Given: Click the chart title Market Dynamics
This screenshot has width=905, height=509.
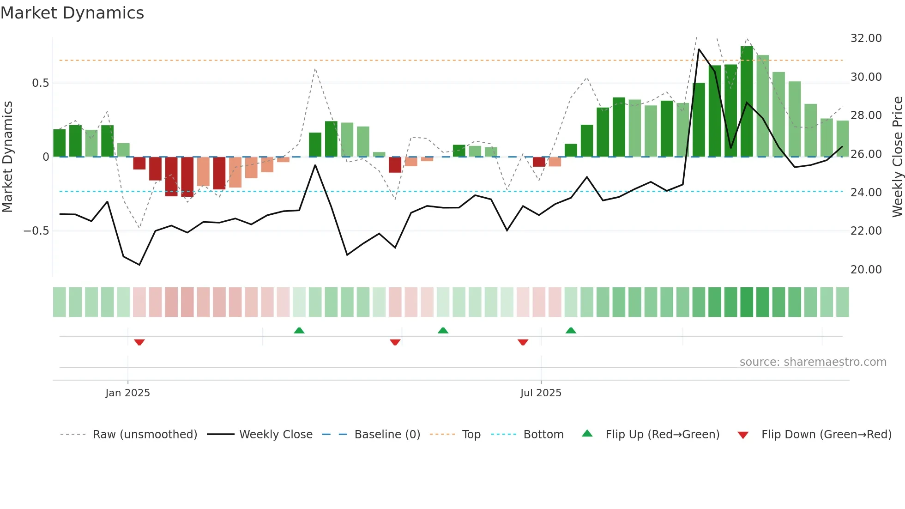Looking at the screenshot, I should point(72,13).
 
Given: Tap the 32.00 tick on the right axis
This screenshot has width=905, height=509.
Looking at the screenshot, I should point(866,38).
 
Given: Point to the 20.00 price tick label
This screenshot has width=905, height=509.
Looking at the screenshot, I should point(866,269).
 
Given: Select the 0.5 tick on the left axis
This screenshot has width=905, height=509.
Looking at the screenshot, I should point(40,83).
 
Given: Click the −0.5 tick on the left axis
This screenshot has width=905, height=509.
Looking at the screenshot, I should point(36,231).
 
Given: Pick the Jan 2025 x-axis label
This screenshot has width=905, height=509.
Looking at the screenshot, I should point(127,393).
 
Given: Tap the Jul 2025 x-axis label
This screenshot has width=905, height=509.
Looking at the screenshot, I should point(541,393).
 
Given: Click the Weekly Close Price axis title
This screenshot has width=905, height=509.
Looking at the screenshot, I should point(897,157).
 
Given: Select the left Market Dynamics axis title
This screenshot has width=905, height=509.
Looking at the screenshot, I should point(7,157).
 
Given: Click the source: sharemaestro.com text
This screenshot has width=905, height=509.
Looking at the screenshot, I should point(813,362).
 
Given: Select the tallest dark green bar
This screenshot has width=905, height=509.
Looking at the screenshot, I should point(747,102).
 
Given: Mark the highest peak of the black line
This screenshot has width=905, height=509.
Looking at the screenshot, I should point(699,49).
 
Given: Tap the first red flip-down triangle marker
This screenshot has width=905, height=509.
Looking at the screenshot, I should point(139,342).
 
